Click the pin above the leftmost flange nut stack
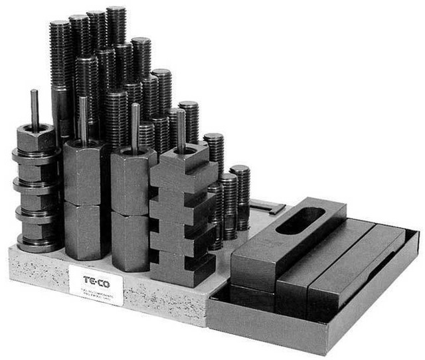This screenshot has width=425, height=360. coord(35,110)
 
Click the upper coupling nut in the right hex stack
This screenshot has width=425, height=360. coord(133,179)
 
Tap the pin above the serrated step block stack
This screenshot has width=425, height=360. coord(180,130)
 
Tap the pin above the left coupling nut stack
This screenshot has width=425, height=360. coord(83,120)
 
